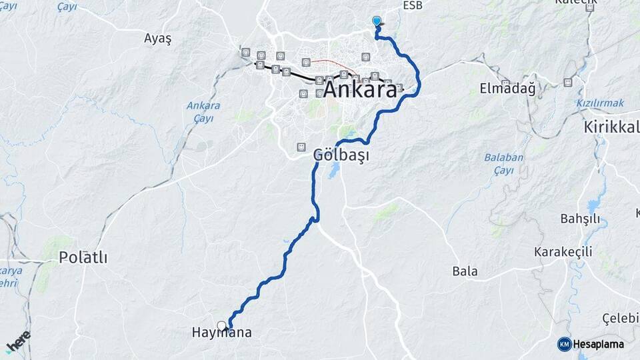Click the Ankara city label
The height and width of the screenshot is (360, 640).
360,91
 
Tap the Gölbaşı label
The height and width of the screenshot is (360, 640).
341,155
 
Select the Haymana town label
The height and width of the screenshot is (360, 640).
221,333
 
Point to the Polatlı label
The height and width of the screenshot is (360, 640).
83,257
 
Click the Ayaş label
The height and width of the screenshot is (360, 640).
158,39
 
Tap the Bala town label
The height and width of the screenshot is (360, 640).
465,271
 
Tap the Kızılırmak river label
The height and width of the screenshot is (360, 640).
600,103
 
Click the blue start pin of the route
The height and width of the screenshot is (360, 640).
377,21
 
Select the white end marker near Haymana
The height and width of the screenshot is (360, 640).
221,326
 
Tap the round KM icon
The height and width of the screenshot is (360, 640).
564,344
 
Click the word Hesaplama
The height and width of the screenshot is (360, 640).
599,344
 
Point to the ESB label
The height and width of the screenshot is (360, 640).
413,5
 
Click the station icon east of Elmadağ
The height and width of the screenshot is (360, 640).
567,82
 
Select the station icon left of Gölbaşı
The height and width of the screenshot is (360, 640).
301,147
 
